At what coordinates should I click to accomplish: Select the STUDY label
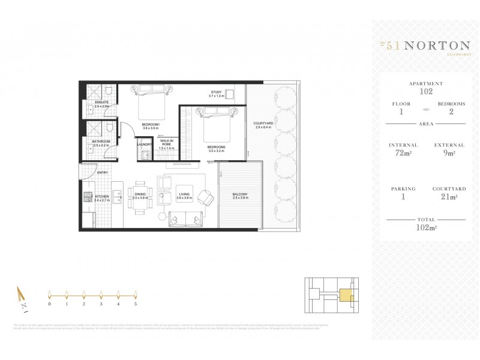[215, 92]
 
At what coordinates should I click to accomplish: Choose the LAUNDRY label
[144, 145]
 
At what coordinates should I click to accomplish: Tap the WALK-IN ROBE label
[166, 142]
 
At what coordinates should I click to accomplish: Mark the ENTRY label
[103, 173]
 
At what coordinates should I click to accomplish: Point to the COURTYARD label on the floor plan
[263, 123]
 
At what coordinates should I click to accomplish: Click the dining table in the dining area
[140, 198]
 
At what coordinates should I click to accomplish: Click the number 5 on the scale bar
[136, 304]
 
